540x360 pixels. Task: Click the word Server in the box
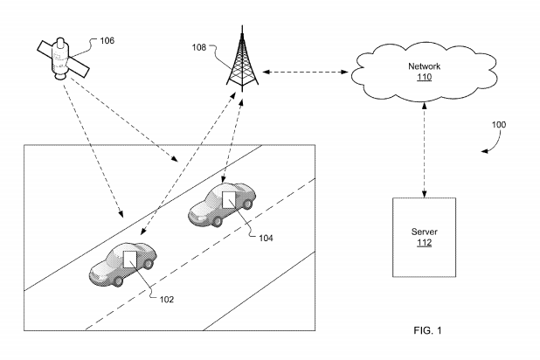(424, 233)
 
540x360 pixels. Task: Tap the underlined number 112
(424, 245)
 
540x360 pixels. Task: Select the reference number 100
(497, 125)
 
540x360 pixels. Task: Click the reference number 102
(167, 298)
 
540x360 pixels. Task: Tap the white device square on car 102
(131, 259)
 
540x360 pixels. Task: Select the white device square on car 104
(228, 199)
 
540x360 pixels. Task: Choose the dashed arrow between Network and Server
(424, 149)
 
